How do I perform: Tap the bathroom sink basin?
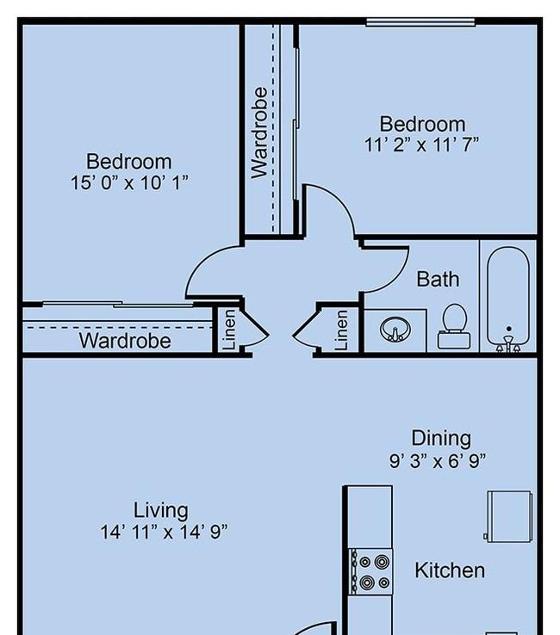pyautogui.click(x=395, y=330)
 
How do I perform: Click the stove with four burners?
pyautogui.click(x=371, y=571)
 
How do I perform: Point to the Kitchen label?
pyautogui.click(x=450, y=570)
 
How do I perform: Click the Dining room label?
pyautogui.click(x=441, y=439)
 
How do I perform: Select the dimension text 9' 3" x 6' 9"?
pyautogui.click(x=438, y=461)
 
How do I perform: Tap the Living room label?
pyautogui.click(x=160, y=510)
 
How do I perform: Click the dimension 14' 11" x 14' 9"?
pyautogui.click(x=164, y=532)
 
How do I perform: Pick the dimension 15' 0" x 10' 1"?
pyautogui.click(x=130, y=182)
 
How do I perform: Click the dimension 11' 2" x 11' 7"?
pyautogui.click(x=422, y=145)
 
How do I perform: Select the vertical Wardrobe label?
pyautogui.click(x=259, y=133)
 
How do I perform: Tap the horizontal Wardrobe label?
pyautogui.click(x=125, y=340)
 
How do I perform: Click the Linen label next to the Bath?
pyautogui.click(x=341, y=330)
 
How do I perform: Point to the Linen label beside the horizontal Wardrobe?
pyautogui.click(x=229, y=330)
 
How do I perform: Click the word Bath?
pyautogui.click(x=438, y=280)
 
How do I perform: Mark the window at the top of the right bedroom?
pyautogui.click(x=420, y=22)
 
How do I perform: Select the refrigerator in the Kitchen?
pyautogui.click(x=509, y=516)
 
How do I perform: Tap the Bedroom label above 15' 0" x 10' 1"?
pyautogui.click(x=129, y=161)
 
